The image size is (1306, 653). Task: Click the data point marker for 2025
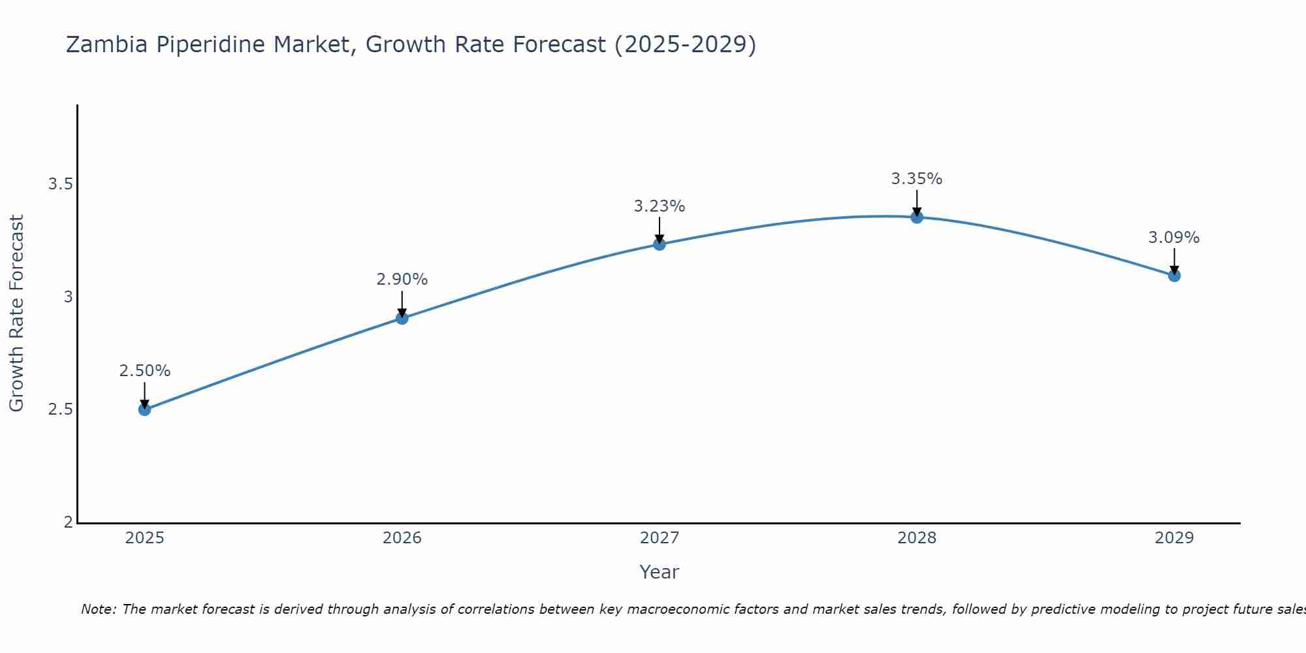144,409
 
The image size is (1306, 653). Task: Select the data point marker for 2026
402,318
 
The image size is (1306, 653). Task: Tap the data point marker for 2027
660,244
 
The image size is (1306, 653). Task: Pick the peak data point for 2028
917,217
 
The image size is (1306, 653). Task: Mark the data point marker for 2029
1174,276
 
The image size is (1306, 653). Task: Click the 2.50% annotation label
144,371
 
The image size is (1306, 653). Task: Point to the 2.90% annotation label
402,279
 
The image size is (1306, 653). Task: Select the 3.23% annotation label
660,206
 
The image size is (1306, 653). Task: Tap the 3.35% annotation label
917,179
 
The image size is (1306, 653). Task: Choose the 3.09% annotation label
1174,238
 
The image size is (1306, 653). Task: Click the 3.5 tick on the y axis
60,184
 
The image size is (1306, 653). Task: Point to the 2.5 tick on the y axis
60,409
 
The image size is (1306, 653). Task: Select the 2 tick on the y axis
68,522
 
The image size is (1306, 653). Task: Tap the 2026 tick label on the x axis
402,538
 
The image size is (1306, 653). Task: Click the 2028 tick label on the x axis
917,538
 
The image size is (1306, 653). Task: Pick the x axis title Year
660,572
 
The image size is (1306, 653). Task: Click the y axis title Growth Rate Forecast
16,313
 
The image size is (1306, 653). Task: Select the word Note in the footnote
98,609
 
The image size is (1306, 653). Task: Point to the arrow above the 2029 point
1174,261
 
